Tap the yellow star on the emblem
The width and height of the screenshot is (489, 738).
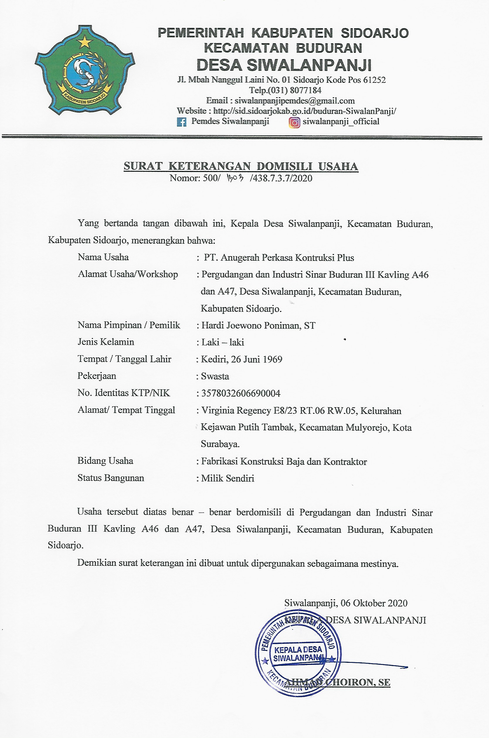(84, 42)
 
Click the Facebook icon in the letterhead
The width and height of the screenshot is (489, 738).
(181, 122)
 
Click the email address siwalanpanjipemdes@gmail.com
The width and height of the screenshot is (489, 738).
(294, 101)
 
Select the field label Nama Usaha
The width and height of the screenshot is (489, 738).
(103, 257)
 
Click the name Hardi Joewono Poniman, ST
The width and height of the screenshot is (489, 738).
(258, 326)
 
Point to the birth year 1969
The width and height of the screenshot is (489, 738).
(272, 359)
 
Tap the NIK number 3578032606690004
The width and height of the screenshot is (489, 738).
(241, 393)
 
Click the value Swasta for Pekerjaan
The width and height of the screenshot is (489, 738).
(215, 376)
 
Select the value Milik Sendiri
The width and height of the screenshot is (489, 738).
(227, 478)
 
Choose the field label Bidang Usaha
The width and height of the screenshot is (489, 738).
(106, 461)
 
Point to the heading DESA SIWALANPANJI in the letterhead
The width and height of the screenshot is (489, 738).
(284, 65)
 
